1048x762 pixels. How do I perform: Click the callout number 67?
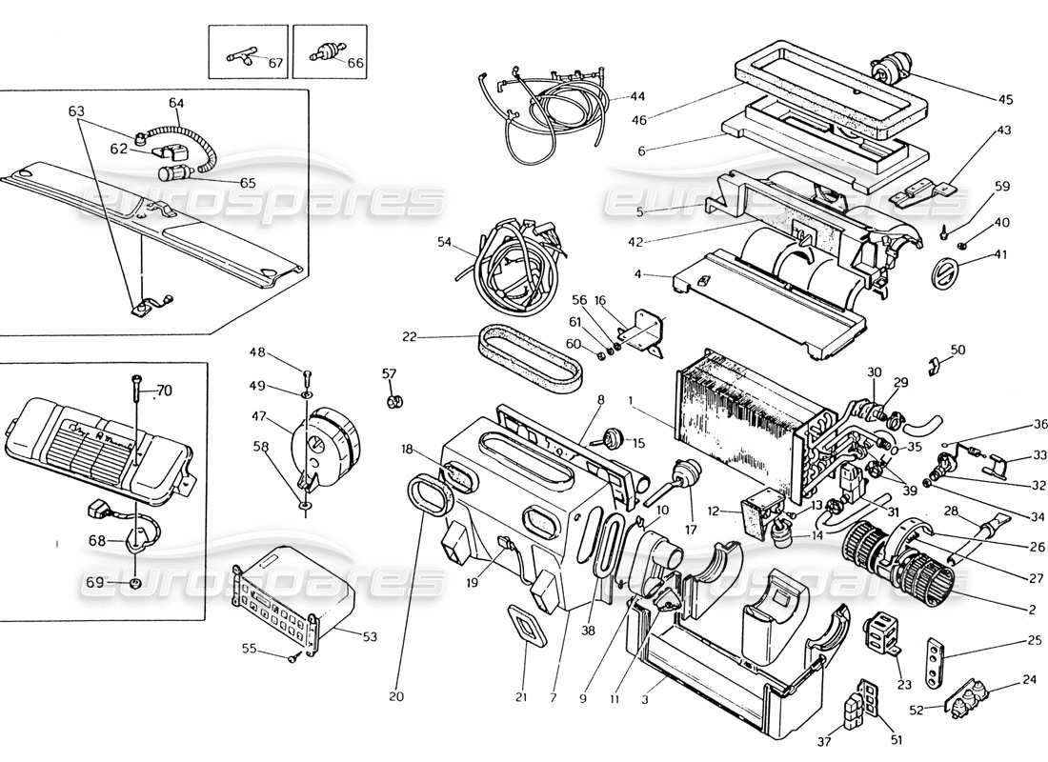(x=275, y=63)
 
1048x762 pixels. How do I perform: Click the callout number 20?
(x=396, y=696)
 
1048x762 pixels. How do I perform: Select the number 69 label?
(x=94, y=582)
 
